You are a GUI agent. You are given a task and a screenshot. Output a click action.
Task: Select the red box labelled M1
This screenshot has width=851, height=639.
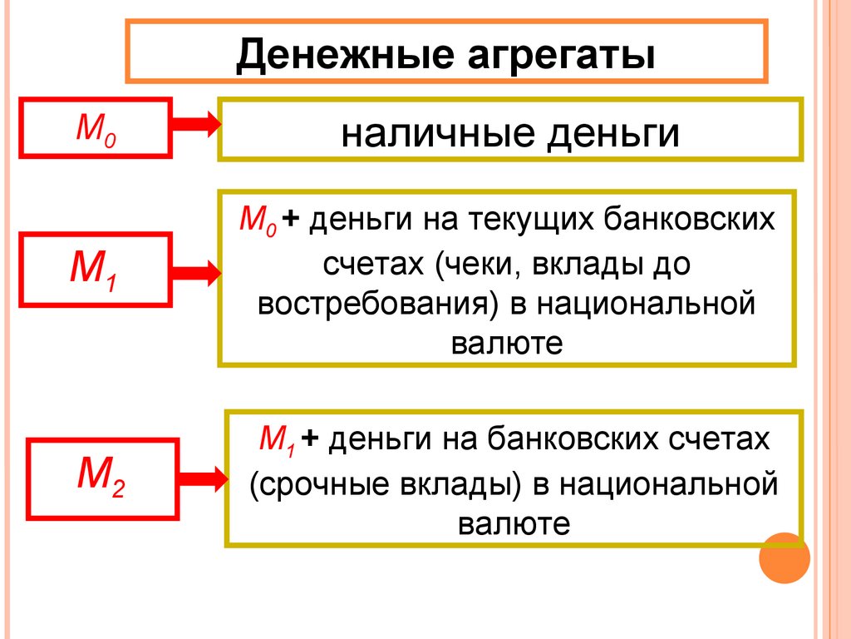coord(96,268)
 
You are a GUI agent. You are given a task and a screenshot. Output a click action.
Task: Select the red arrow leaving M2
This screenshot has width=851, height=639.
coord(202,478)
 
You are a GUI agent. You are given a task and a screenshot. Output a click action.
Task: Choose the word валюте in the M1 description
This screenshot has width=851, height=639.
coord(507,342)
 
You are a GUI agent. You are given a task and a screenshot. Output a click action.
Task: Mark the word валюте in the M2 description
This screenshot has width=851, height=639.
coord(514,523)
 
